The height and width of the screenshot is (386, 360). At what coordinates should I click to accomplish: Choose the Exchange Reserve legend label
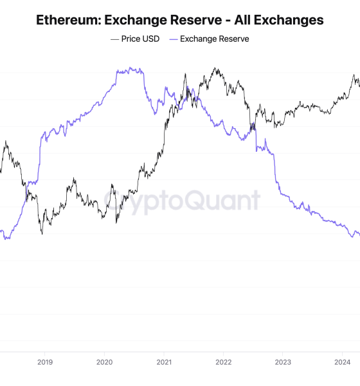pyautogui.click(x=214, y=39)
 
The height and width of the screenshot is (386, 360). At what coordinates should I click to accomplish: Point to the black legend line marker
pyautogui.click(x=114, y=39)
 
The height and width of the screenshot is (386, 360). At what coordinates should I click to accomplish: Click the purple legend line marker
pyautogui.click(x=173, y=39)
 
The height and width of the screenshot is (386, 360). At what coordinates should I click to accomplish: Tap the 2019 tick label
pyautogui.click(x=44, y=362)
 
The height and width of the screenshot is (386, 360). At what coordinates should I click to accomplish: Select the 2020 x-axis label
pyautogui.click(x=104, y=362)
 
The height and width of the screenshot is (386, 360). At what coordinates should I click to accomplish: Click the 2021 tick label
pyautogui.click(x=164, y=362)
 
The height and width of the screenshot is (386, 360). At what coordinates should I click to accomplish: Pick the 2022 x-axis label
pyautogui.click(x=224, y=362)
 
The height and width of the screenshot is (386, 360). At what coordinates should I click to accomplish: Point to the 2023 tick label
pyautogui.click(x=283, y=362)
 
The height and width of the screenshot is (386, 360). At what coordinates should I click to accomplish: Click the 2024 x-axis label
pyautogui.click(x=343, y=362)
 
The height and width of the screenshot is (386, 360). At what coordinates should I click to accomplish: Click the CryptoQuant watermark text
pyautogui.click(x=182, y=201)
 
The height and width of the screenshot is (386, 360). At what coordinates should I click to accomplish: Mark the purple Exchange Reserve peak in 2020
pyautogui.click(x=130, y=68)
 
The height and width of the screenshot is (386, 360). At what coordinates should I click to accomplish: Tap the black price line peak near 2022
pyautogui.click(x=215, y=68)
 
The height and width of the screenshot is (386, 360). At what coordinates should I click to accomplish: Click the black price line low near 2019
pyautogui.click(x=42, y=232)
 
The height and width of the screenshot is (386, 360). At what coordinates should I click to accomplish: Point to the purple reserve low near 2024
pyautogui.click(x=352, y=237)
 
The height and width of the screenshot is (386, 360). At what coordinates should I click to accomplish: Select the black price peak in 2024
pyautogui.click(x=353, y=75)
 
